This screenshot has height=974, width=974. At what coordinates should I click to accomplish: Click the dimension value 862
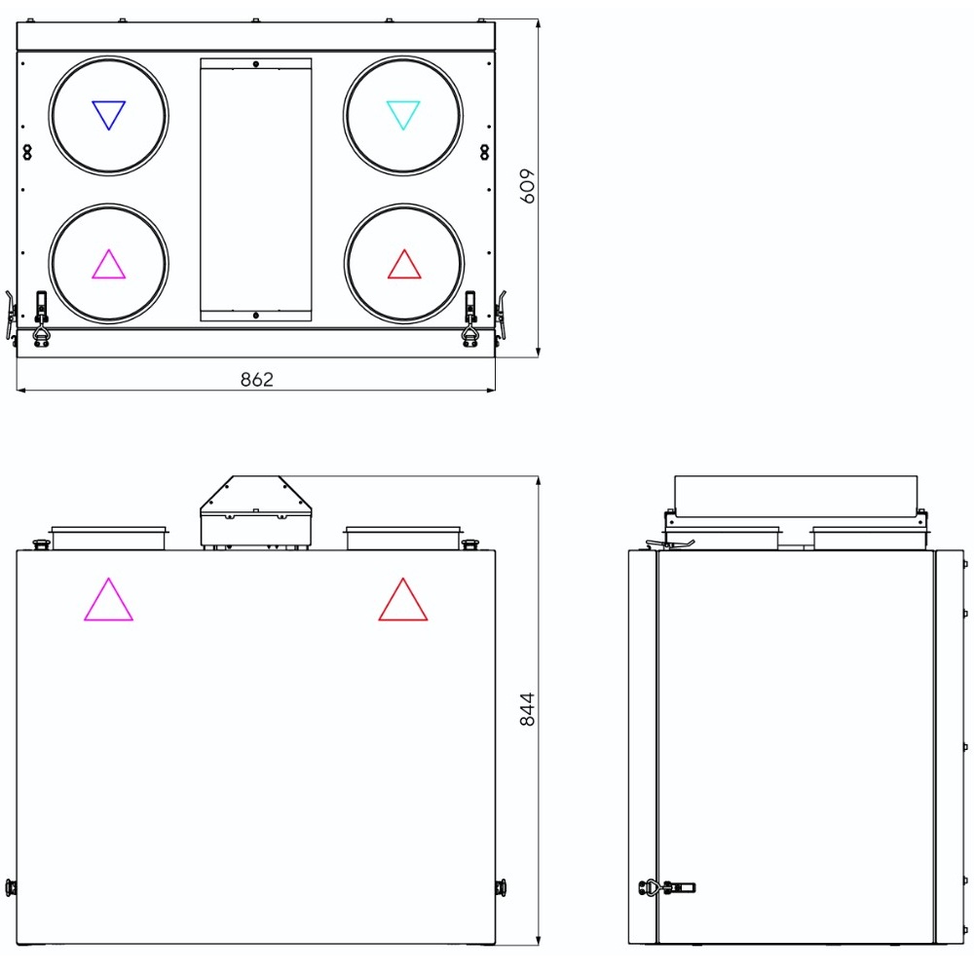256,379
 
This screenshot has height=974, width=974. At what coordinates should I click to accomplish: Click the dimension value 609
527,186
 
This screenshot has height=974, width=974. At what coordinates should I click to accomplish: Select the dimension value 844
527,709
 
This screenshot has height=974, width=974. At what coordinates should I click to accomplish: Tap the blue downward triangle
109,115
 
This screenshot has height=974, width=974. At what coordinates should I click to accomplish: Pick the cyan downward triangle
403,115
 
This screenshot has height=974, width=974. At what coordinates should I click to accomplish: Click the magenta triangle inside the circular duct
109,265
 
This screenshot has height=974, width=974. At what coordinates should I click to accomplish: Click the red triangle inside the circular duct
404,265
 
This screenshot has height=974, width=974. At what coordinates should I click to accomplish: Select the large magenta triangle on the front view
109,600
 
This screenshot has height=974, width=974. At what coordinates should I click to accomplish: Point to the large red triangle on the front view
403,600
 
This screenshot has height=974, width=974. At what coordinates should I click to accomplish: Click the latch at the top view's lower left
42,318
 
